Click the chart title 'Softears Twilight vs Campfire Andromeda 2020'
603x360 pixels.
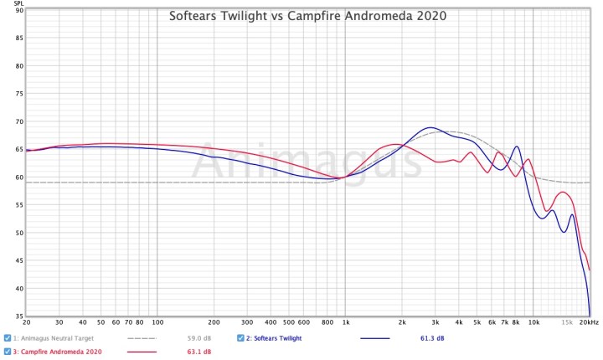pos(307,15)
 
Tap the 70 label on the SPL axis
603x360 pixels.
pos(19,121)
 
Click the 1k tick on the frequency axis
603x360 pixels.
pos(345,321)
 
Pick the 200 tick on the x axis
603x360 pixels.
pos(214,321)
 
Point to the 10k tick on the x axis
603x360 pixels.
pos(533,321)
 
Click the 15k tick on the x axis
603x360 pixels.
pos(566,321)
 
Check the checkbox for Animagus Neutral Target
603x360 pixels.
pos(8,338)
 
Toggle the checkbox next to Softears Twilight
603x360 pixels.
pos(240,338)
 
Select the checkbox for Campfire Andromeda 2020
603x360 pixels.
pos(8,352)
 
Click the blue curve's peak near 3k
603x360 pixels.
pos(430,127)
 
